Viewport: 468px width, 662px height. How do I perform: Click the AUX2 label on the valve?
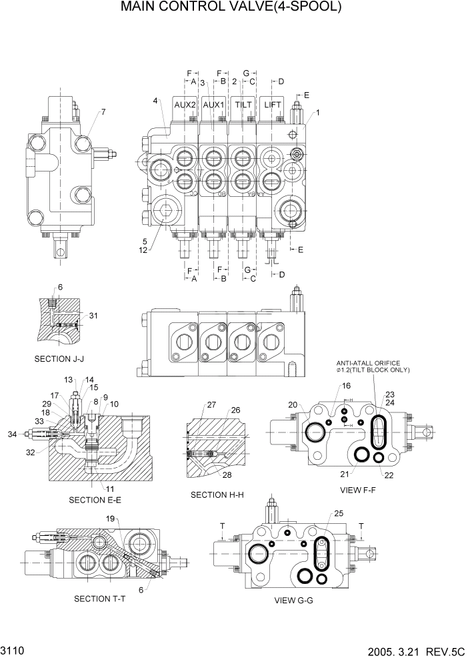tap(185, 105)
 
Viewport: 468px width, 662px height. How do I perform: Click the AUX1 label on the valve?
tap(213, 105)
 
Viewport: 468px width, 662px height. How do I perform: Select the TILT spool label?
tap(243, 105)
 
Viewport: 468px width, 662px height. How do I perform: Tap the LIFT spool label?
tap(273, 105)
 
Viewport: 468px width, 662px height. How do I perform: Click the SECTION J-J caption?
tap(59, 359)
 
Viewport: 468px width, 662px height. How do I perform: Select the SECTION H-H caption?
tap(216, 494)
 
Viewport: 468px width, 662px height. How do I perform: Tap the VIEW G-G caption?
tap(293, 600)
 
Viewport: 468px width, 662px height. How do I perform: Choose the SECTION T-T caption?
tap(101, 598)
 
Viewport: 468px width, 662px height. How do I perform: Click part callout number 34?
tap(12, 434)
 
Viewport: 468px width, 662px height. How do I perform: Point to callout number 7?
tap(103, 111)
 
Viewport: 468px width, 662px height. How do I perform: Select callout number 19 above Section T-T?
tap(111, 519)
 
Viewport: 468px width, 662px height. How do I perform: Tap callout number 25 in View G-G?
tap(338, 513)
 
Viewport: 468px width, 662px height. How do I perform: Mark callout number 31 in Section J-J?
tap(93, 316)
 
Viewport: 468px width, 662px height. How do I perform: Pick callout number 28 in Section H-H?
tap(227, 474)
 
